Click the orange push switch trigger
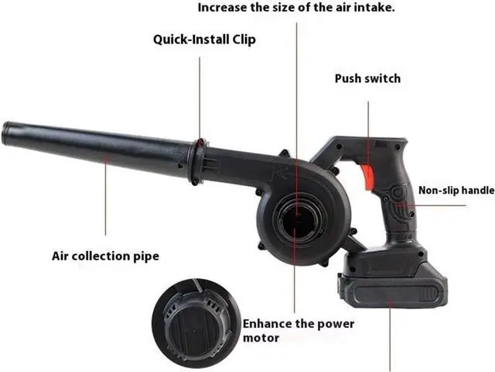367,177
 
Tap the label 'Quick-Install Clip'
204,40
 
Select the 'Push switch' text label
368,78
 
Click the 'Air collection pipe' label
105,256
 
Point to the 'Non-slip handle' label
456,190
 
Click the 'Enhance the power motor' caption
299,331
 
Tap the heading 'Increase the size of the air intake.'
296,7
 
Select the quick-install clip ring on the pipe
198,162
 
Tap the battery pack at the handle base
393,284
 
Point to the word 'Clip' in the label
244,40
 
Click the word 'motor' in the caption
261,338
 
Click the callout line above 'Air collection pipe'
106,196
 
